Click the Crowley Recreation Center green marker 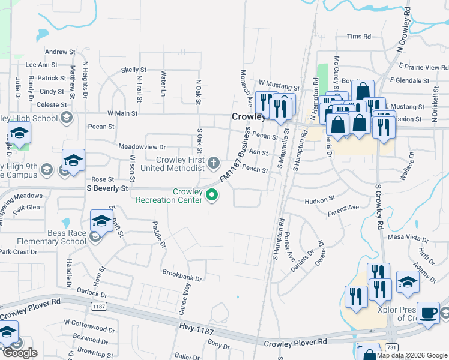click(211, 194)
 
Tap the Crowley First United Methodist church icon click(213, 162)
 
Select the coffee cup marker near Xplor click(427, 314)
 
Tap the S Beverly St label click(108, 188)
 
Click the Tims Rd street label click(359, 37)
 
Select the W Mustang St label click(279, 82)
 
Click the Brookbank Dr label click(182, 275)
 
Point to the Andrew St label click(60, 52)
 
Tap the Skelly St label click(134, 70)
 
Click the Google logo click(19, 353)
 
